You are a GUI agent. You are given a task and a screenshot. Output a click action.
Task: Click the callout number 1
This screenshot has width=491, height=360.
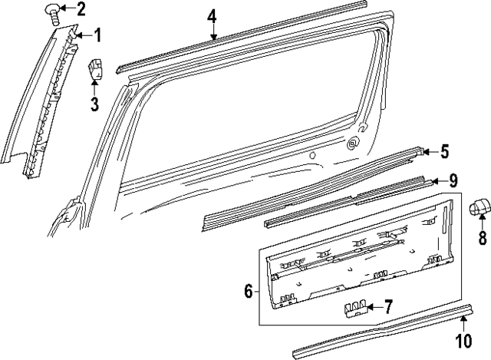tap(97, 35)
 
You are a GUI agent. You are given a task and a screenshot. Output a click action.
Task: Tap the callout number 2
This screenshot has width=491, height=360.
tap(81, 9)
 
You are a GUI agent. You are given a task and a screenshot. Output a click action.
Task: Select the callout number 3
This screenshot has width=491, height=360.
tap(94, 104)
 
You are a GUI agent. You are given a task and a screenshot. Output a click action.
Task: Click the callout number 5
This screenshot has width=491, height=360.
tap(444, 152)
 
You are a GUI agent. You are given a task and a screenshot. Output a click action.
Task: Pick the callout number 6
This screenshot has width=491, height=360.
tap(248, 292)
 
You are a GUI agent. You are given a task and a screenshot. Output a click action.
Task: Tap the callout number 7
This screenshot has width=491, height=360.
tap(388, 308)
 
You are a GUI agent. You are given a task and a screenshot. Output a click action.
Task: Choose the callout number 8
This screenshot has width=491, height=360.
tap(482, 239)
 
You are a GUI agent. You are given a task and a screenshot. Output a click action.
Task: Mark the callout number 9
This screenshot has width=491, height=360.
tap(453, 181)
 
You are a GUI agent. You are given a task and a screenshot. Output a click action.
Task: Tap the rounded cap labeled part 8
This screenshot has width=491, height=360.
tap(480, 206)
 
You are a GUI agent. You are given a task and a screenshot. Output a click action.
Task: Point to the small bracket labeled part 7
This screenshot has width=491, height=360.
tap(354, 309)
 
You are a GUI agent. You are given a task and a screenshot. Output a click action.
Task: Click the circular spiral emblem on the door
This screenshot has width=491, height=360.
tap(353, 141)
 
